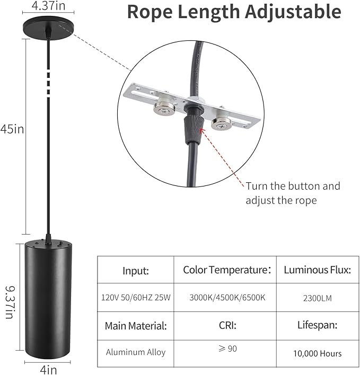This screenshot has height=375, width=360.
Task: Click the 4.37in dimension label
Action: tap(48, 5)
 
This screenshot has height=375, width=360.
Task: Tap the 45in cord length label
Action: tap(12, 129)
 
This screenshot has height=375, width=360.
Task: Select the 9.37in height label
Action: tap(10, 302)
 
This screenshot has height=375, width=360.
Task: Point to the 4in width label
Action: tap(49, 370)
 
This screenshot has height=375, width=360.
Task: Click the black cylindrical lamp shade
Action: tap(49, 300)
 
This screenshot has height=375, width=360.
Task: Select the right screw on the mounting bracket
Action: tap(222, 123)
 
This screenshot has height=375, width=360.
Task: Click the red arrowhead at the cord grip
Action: tap(201, 131)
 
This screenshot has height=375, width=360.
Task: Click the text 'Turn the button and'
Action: tap(293, 186)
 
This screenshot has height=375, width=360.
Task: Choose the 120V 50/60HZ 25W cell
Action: tap(136, 298)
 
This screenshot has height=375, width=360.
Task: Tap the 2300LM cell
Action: tap(318, 298)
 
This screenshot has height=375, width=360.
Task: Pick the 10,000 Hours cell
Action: tap(318, 353)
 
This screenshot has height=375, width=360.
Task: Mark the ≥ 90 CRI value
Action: tap(227, 349)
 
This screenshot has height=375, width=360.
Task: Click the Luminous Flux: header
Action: tap(318, 270)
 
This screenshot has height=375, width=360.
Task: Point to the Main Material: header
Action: tap(136, 326)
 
